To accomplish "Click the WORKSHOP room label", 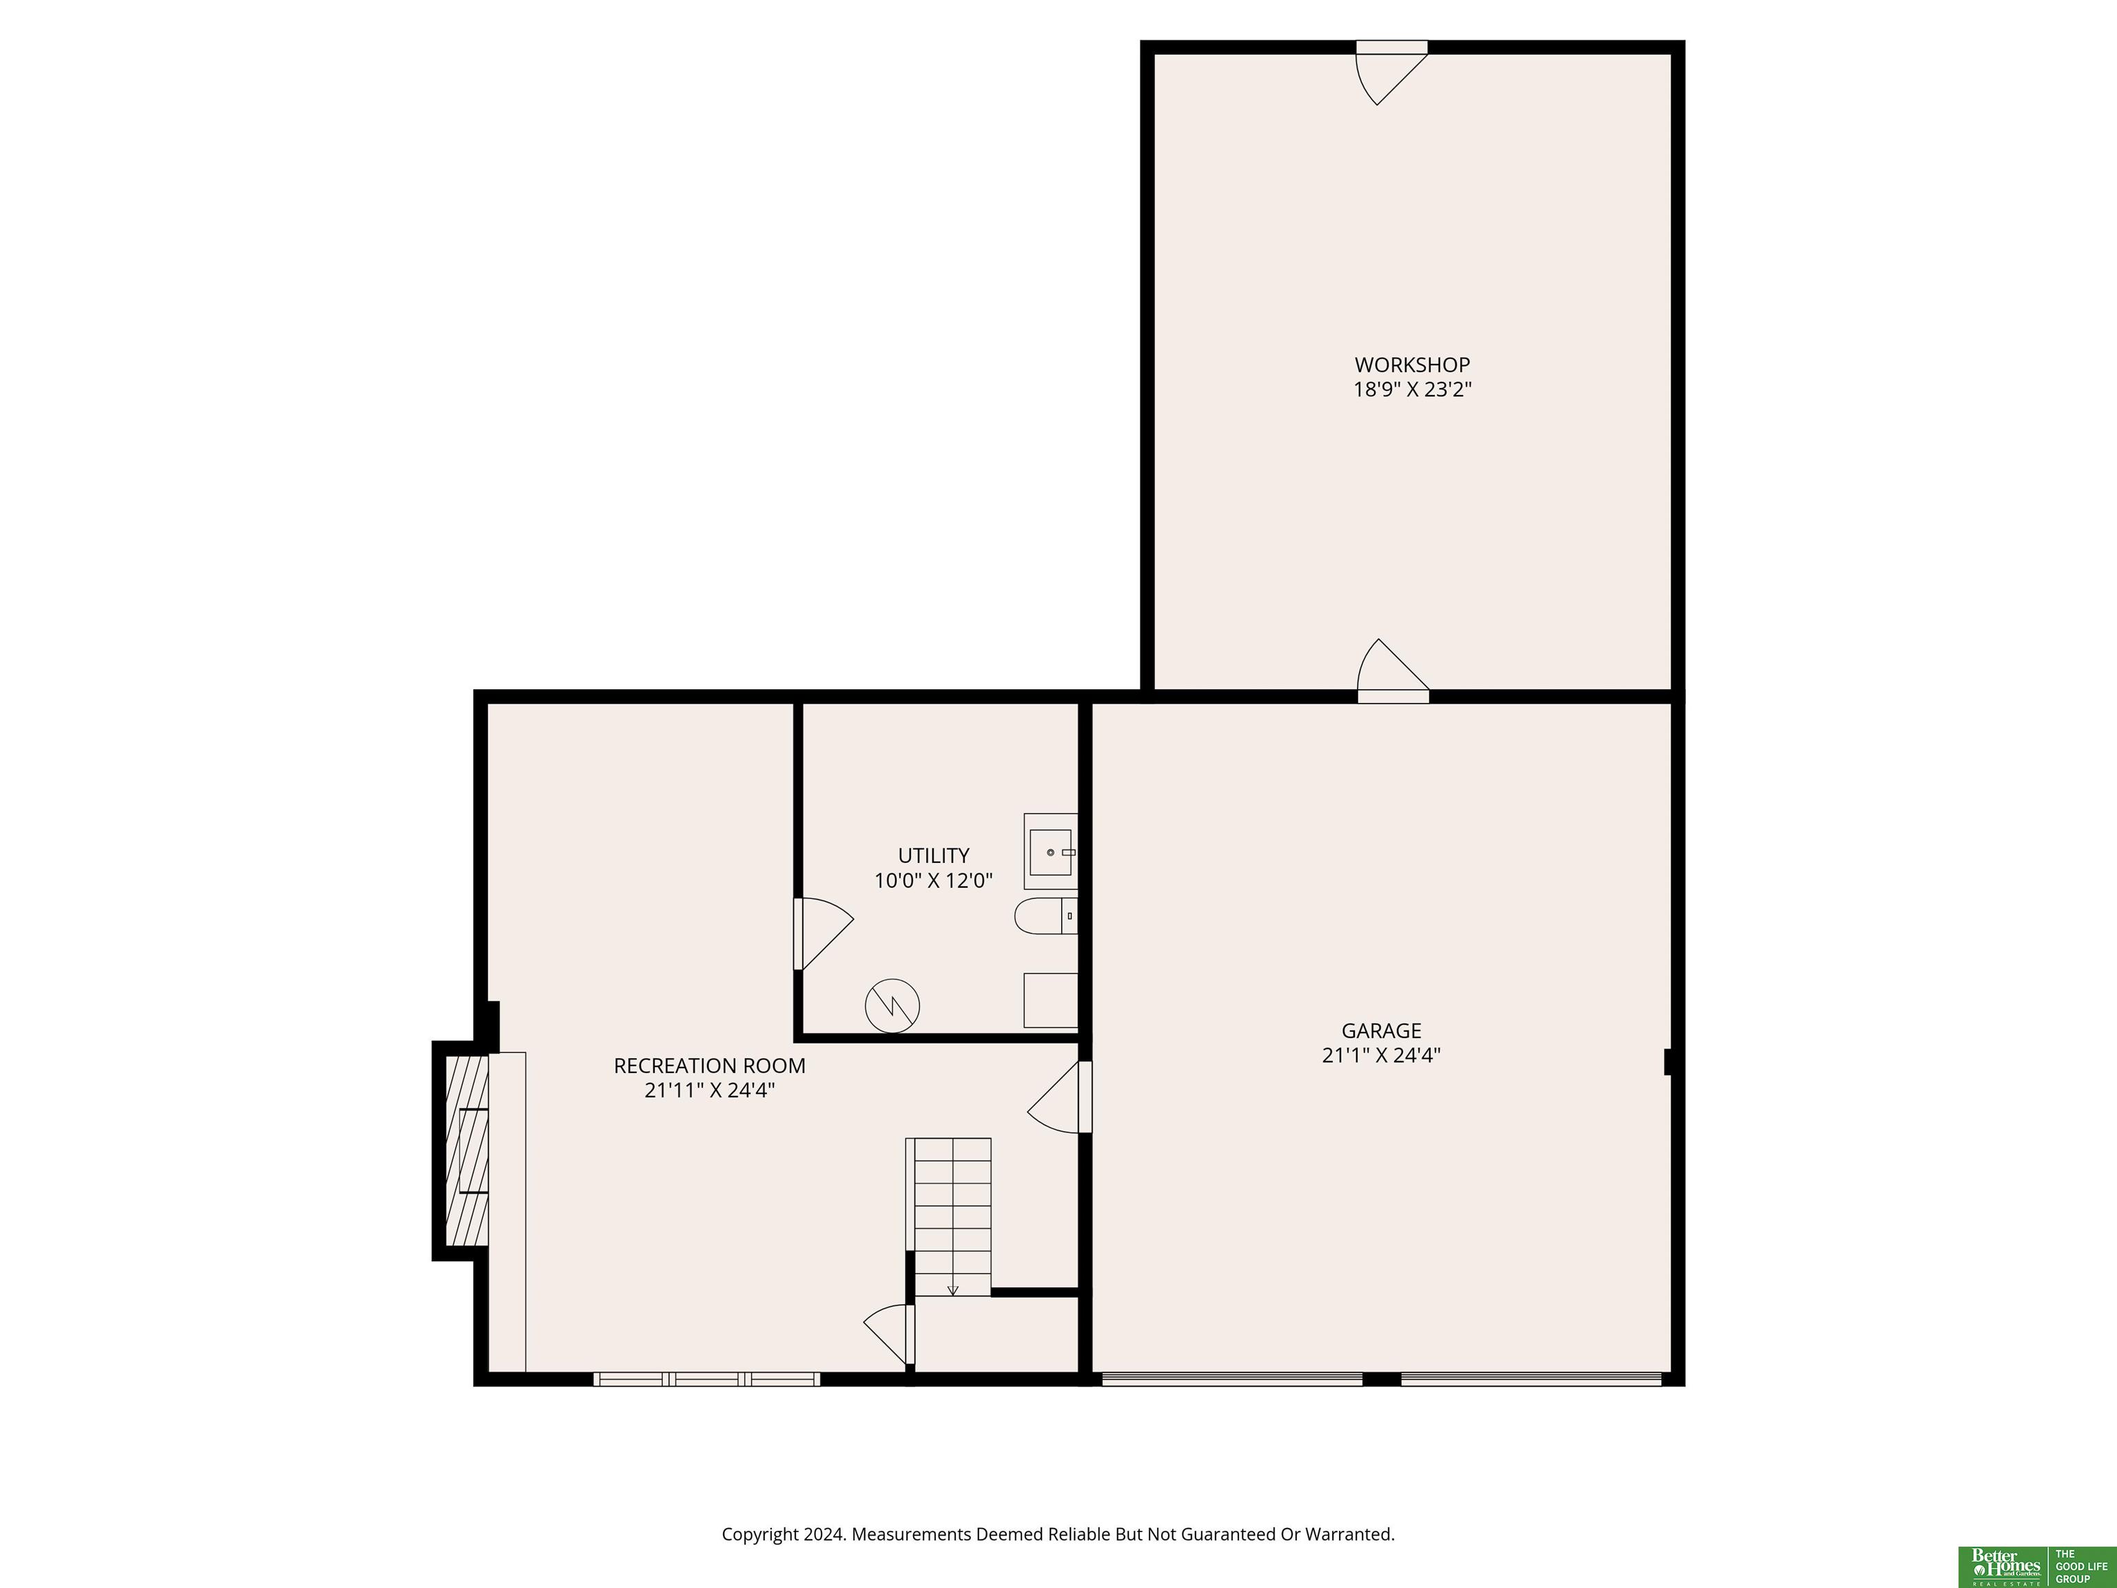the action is click(x=1411, y=365).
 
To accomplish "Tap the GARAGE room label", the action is click(x=1381, y=1031).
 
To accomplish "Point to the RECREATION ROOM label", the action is click(x=709, y=1066).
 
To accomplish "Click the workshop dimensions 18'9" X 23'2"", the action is click(x=1411, y=389).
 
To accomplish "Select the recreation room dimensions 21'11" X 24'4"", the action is click(x=709, y=1090).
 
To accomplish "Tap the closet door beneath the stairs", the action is click(x=889, y=1334).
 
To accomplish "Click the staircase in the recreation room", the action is click(x=948, y=1217).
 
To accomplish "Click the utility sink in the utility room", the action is click(x=1051, y=852).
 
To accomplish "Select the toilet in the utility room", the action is click(x=1046, y=916).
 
